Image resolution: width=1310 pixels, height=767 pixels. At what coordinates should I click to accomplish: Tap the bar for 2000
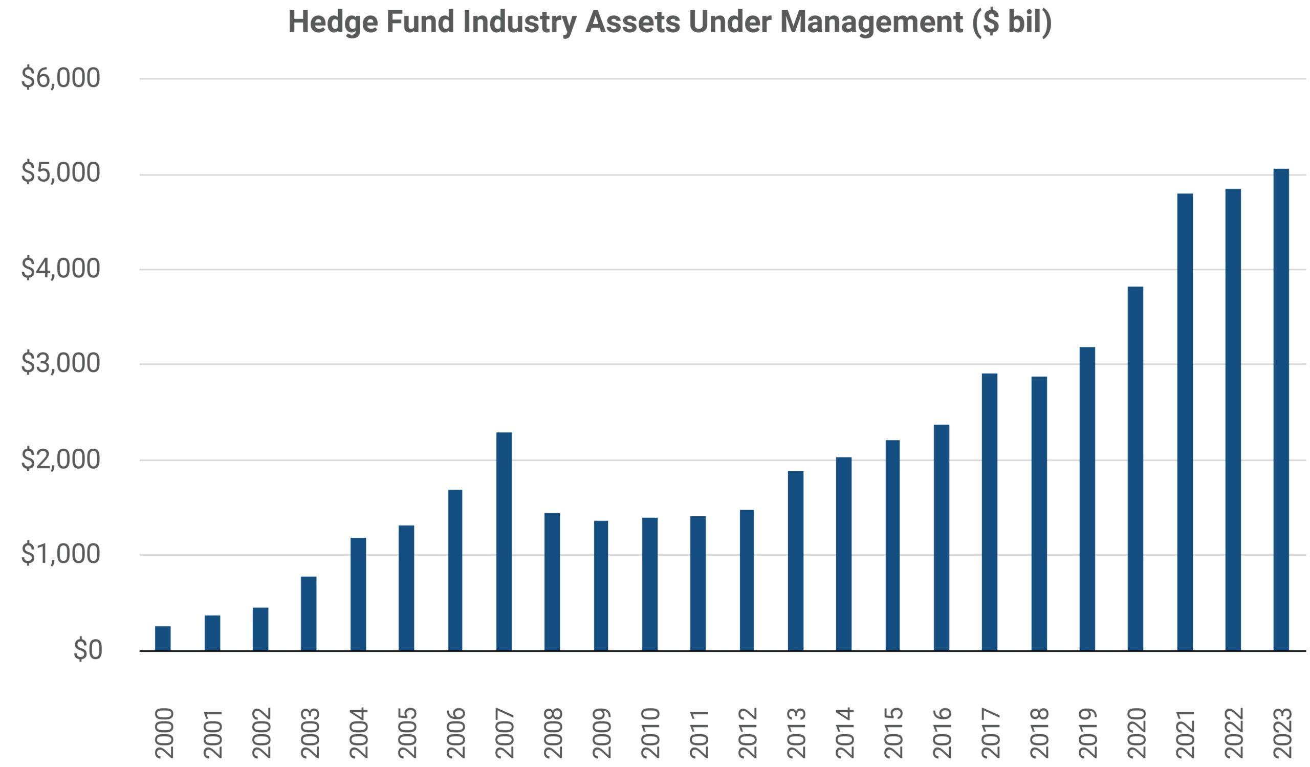point(163,638)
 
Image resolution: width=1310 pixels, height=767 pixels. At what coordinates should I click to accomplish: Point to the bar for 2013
point(795,561)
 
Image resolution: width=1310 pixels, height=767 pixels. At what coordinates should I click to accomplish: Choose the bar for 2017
point(990,512)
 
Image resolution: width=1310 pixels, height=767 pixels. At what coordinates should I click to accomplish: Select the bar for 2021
point(1185,422)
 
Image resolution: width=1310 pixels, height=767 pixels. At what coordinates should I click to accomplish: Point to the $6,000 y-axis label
point(60,78)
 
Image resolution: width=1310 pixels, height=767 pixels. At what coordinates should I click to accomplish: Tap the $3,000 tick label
point(60,364)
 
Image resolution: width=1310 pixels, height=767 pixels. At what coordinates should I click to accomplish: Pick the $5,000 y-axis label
point(60,173)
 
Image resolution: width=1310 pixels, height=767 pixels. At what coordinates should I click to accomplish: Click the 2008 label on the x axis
point(553,733)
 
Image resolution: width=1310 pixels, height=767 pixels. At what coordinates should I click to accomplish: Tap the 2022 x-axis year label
point(1234,733)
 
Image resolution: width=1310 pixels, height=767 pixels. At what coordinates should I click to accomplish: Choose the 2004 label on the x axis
point(359,733)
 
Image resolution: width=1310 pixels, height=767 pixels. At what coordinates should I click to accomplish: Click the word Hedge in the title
point(333,23)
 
